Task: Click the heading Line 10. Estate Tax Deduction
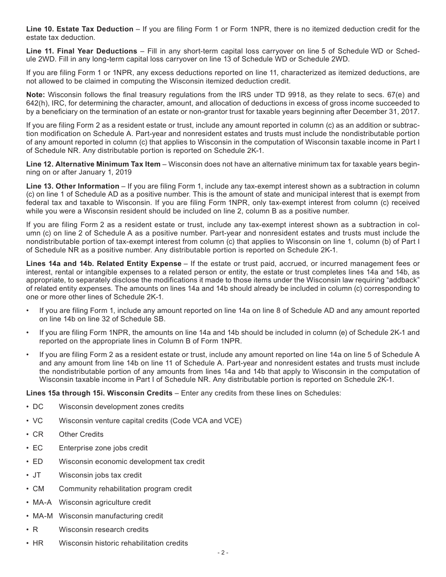pyautogui.click(x=79, y=29)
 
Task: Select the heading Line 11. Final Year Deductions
pyautogui.click(x=81, y=51)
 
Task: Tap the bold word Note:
pyautogui.click(x=36, y=94)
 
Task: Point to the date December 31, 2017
pyautogui.click(x=384, y=112)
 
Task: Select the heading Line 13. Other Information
pyautogui.click(x=72, y=186)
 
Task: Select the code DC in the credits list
pyautogui.click(x=38, y=407)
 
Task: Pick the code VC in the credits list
pyautogui.click(x=38, y=421)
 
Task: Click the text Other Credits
pyautogui.click(x=81, y=434)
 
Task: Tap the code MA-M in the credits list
pyautogui.click(x=43, y=516)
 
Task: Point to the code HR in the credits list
pyautogui.click(x=38, y=543)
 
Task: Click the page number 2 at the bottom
pyautogui.click(x=223, y=553)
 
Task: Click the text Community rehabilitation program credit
pyautogui.click(x=125, y=489)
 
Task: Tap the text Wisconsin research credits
pyautogui.click(x=103, y=530)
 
